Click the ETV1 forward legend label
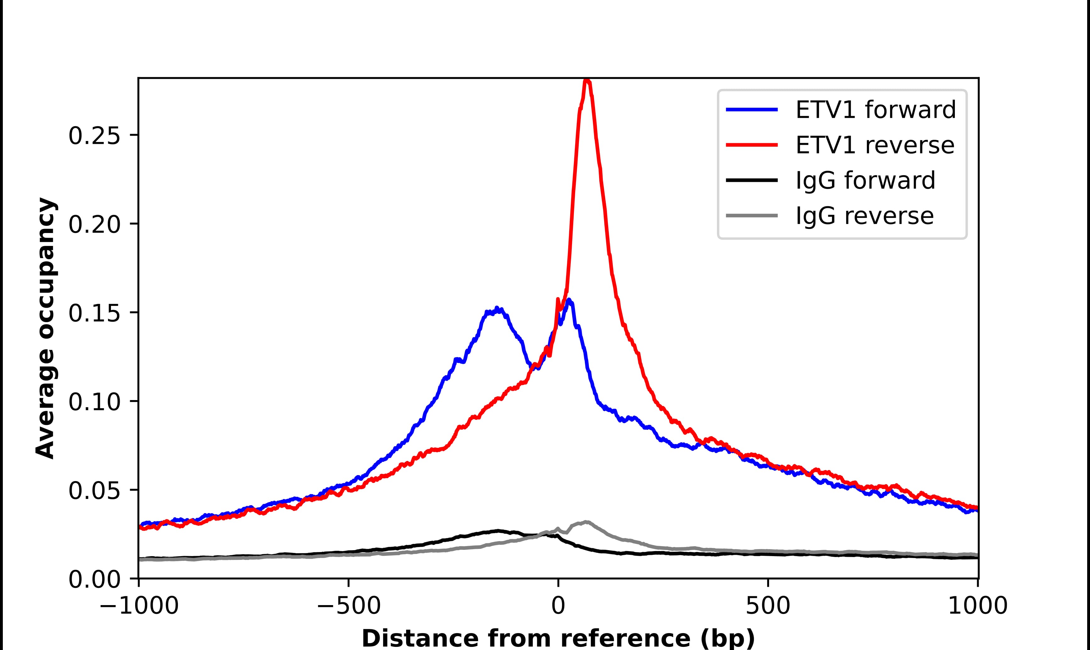tap(875, 110)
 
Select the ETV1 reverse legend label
tap(874, 145)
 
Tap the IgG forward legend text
tap(865, 181)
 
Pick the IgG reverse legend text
tap(864, 216)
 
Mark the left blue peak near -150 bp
tap(497, 309)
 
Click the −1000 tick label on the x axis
tap(139, 607)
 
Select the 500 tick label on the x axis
tap(768, 607)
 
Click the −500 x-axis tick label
tap(349, 607)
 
